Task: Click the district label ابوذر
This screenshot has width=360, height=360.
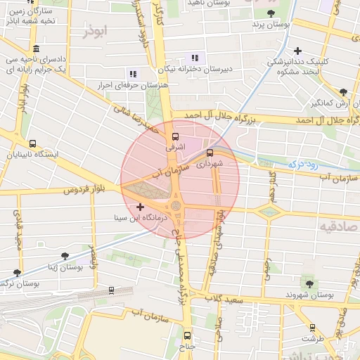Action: click(97, 32)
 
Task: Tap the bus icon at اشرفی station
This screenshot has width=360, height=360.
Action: click(174, 137)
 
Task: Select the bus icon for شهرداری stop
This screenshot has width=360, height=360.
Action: click(210, 153)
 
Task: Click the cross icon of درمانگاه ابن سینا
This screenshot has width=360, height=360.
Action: click(141, 207)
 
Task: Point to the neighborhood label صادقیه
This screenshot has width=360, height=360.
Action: click(335, 227)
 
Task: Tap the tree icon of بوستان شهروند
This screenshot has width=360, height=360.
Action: click(307, 283)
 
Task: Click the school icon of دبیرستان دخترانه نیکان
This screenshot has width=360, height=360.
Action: click(195, 58)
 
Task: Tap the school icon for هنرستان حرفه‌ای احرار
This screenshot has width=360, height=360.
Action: click(132, 74)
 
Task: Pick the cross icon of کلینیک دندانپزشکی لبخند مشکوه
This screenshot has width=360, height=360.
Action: click(298, 51)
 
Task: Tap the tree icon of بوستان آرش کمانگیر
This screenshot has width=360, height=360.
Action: click(343, 92)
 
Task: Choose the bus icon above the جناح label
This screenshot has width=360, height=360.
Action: click(187, 335)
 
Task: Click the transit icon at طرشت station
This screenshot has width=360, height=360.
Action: click(312, 327)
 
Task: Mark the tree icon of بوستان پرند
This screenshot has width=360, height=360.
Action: click(271, 13)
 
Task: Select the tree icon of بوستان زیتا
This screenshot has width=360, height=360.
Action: click(65, 257)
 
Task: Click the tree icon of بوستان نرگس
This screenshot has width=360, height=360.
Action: click(17, 273)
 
